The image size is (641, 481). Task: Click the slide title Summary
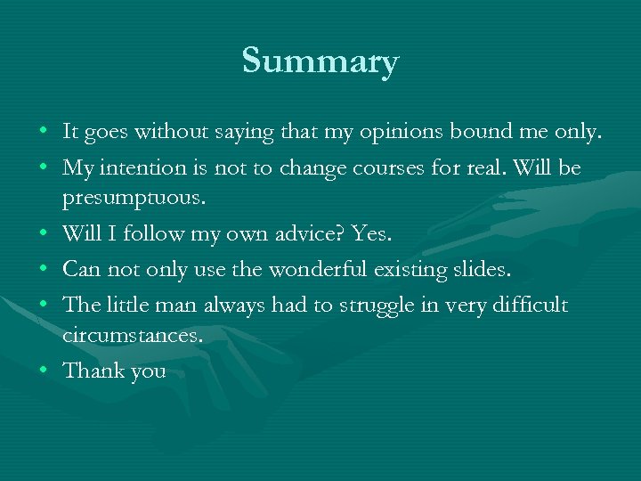click(320, 61)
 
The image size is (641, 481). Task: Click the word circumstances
click(133, 337)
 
